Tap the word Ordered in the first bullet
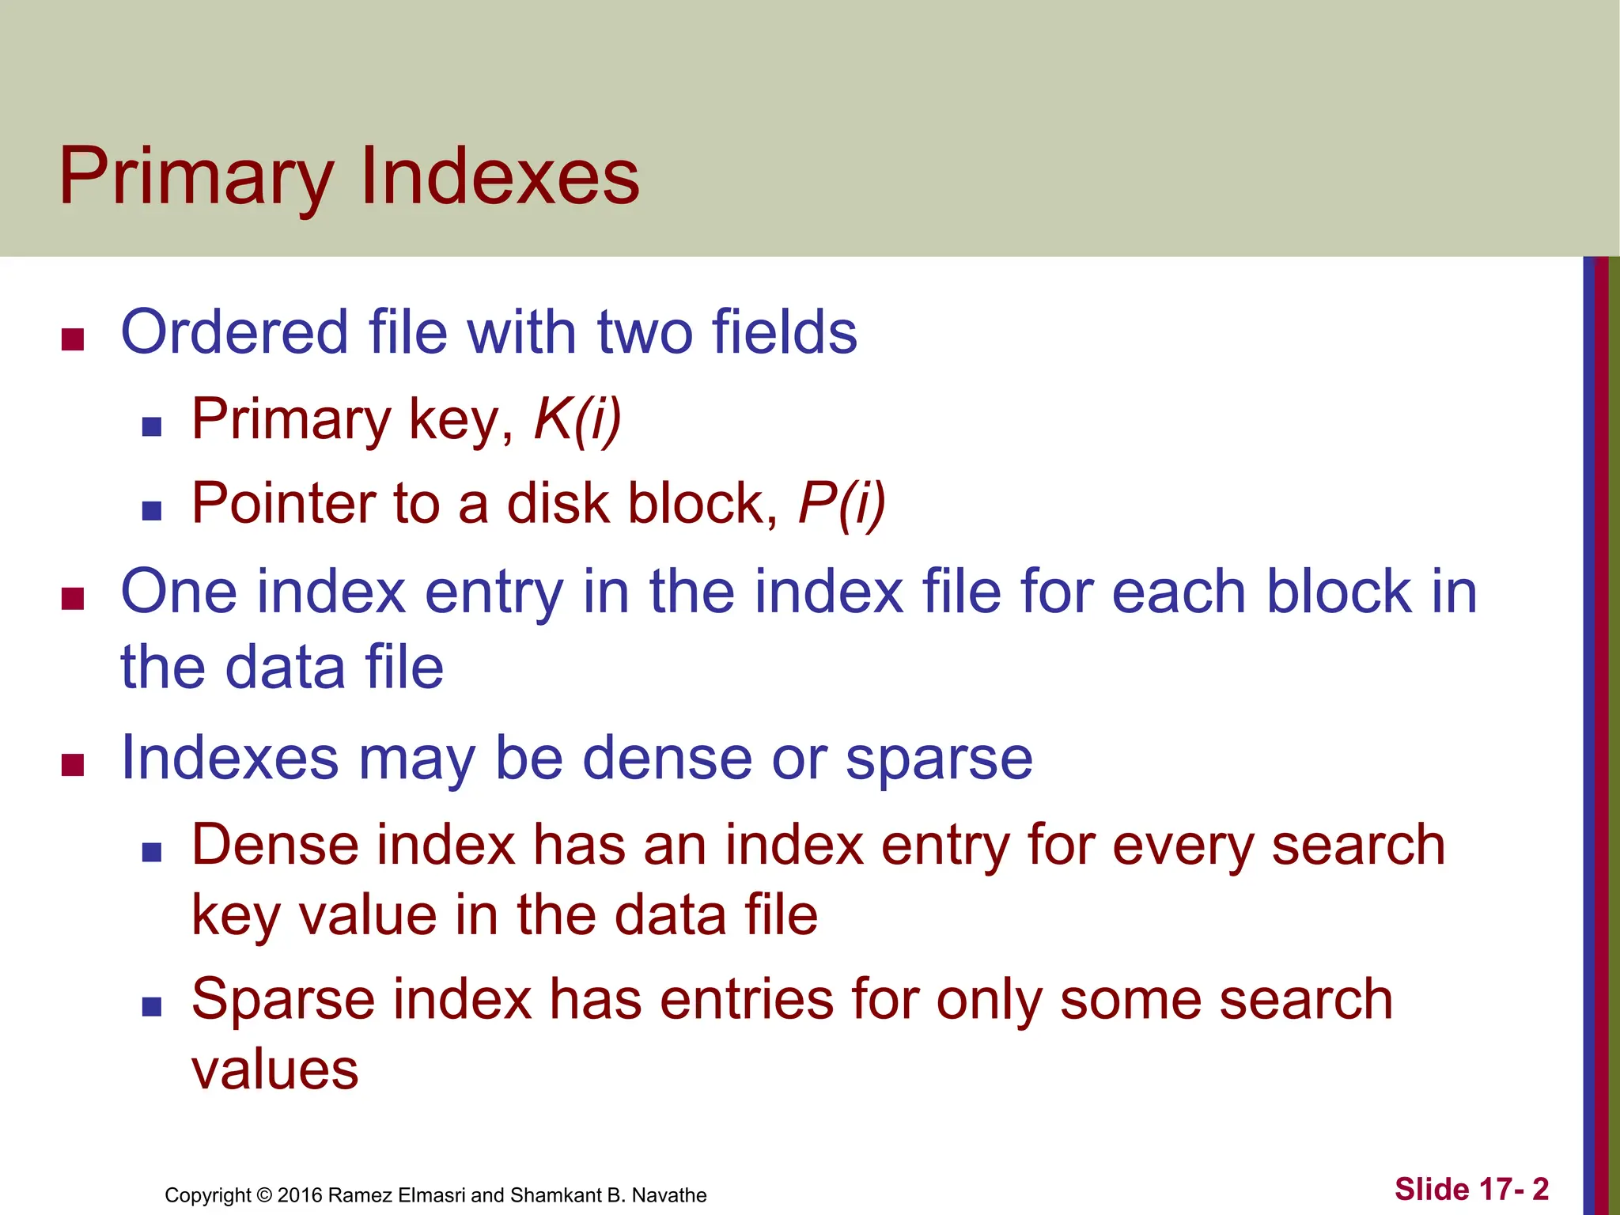[234, 331]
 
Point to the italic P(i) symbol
[842, 503]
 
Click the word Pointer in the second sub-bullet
[282, 503]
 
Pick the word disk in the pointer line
[558, 503]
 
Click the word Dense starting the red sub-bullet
[274, 845]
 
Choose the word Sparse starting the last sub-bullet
[282, 999]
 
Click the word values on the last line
[275, 1069]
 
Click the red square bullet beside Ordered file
[73, 340]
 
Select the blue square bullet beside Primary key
[151, 427]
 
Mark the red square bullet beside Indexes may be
[73, 766]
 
